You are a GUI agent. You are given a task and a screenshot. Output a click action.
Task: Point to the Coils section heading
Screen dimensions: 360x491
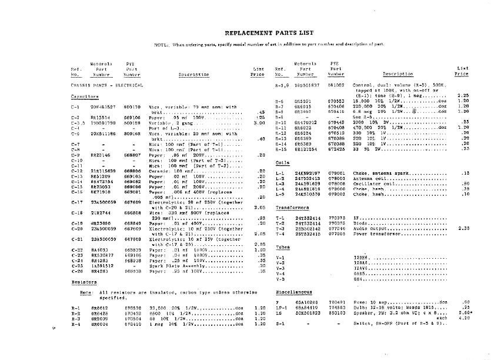pyautogui.click(x=282, y=163)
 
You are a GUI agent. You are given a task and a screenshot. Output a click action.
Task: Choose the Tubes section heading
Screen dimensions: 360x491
pyautogui.click(x=283, y=247)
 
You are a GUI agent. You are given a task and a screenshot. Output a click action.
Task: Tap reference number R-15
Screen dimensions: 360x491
pyautogui.click(x=280, y=149)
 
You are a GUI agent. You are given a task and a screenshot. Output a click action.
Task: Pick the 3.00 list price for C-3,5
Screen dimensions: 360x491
pyautogui.click(x=258, y=122)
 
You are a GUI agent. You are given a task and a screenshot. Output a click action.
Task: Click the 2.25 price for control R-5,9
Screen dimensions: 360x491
pyautogui.click(x=463, y=95)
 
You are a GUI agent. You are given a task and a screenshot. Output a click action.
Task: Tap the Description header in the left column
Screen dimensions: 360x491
pyautogui.click(x=193, y=75)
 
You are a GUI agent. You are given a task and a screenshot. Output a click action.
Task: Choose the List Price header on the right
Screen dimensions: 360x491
pyautogui.click(x=462, y=71)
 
